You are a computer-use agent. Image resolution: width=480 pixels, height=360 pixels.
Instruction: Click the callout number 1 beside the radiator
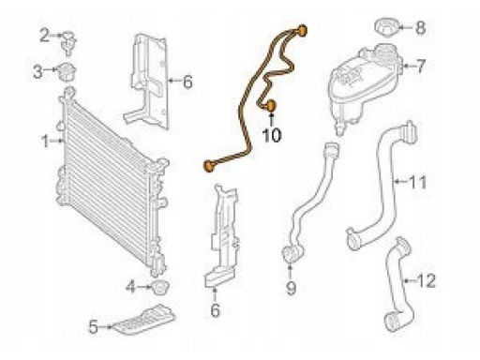click(x=46, y=142)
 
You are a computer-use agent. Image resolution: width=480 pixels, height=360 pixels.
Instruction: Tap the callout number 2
click(x=44, y=36)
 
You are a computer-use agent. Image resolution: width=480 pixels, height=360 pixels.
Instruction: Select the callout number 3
click(x=37, y=72)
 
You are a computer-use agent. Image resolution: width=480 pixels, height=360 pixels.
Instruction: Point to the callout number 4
click(x=131, y=287)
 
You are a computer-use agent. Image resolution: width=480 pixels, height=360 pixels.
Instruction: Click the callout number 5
click(x=94, y=327)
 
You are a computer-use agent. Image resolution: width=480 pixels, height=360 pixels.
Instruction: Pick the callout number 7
click(x=421, y=66)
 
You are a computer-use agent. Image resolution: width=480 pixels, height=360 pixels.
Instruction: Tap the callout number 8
click(x=421, y=27)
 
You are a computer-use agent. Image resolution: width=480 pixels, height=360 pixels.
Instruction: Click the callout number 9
click(x=291, y=288)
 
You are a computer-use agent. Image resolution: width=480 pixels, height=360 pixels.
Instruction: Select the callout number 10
click(x=272, y=136)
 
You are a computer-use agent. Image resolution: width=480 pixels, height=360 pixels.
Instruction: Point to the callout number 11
click(x=418, y=183)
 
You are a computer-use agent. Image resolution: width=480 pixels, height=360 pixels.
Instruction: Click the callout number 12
click(x=427, y=280)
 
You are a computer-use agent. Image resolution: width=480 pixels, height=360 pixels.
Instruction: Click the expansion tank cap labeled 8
click(x=386, y=27)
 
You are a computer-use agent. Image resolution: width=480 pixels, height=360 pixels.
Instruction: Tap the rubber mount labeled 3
click(x=67, y=72)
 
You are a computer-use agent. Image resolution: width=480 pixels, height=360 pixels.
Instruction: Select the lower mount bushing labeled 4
click(x=159, y=287)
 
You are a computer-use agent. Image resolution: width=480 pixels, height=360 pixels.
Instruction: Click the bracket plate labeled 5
click(x=143, y=320)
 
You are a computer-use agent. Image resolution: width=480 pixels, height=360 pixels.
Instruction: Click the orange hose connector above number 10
click(x=271, y=106)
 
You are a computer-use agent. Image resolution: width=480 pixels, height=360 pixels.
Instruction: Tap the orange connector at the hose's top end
click(x=302, y=31)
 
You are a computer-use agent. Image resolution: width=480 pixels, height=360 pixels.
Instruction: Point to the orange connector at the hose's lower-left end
click(x=209, y=166)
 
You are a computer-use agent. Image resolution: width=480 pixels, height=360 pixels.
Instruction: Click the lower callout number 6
click(x=216, y=310)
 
